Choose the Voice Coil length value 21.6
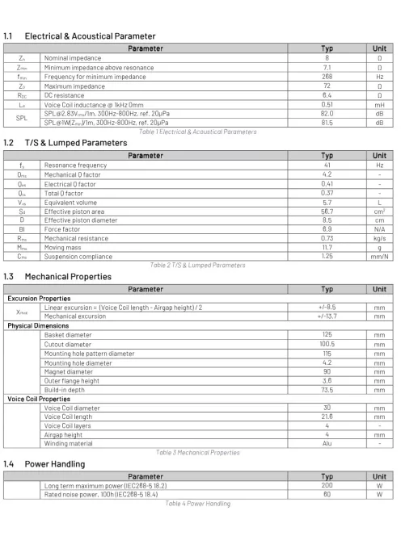[x=327, y=415]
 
